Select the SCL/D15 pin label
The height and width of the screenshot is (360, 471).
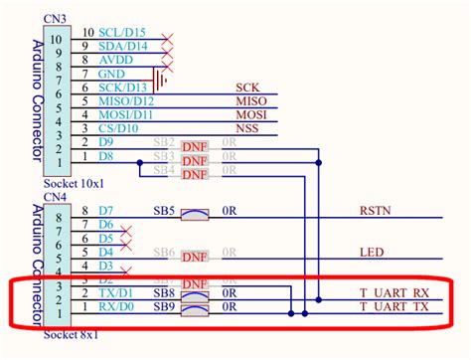(x=126, y=33)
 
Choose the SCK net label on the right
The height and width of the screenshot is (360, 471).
(x=245, y=89)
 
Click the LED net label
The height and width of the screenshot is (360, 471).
(x=371, y=253)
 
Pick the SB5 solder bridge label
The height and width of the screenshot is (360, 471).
(x=165, y=211)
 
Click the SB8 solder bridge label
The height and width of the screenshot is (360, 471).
(x=165, y=294)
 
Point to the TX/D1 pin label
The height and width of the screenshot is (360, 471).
(x=115, y=294)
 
